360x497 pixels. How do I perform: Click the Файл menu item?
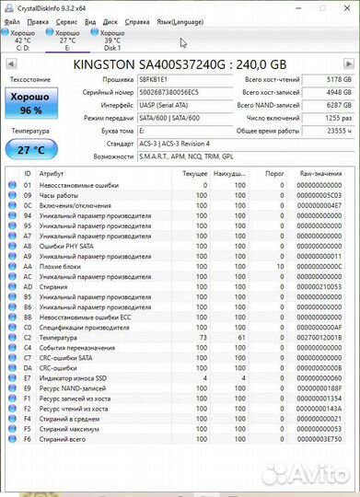(x=12, y=19)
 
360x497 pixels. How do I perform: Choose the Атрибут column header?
(x=52, y=173)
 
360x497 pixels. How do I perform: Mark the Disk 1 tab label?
(x=111, y=47)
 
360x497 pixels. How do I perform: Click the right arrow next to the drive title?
(x=351, y=65)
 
